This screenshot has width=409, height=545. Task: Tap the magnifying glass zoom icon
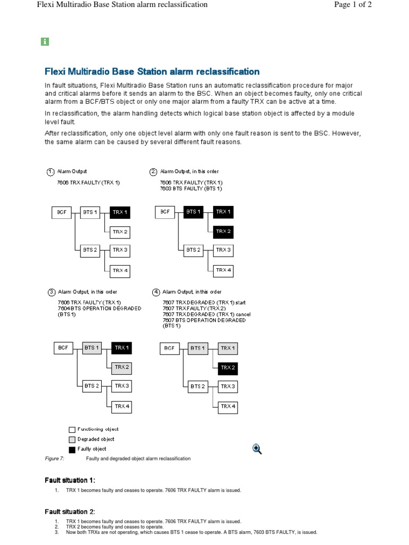pyautogui.click(x=258, y=449)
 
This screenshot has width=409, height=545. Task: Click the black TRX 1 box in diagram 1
pyautogui.click(x=120, y=212)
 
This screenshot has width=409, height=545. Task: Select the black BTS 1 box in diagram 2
pyautogui.click(x=193, y=212)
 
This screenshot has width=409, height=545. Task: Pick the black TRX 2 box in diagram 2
pyautogui.click(x=223, y=232)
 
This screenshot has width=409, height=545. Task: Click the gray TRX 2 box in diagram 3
pyautogui.click(x=122, y=367)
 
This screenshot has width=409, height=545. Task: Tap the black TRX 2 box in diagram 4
pyautogui.click(x=227, y=367)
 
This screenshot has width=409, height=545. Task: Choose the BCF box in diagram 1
pyautogui.click(x=62, y=212)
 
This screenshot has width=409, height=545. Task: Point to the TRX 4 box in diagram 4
pyautogui.click(x=227, y=406)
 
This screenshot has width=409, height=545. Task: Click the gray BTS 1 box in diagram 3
pyautogui.click(x=92, y=348)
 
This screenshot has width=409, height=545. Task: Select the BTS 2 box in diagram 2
pyautogui.click(x=193, y=250)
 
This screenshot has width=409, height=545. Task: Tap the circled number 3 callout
pyautogui.click(x=52, y=292)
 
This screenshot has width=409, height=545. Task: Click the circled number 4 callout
pyautogui.click(x=156, y=292)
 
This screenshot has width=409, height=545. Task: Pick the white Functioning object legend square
pyautogui.click(x=72, y=430)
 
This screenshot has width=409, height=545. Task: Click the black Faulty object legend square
pyautogui.click(x=72, y=450)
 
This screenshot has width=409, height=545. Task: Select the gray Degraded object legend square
pyautogui.click(x=72, y=440)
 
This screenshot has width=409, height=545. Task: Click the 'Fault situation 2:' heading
pyautogui.click(x=70, y=511)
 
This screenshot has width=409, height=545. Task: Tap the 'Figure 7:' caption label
pyautogui.click(x=55, y=458)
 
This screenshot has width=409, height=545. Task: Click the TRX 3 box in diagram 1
pyautogui.click(x=120, y=250)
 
